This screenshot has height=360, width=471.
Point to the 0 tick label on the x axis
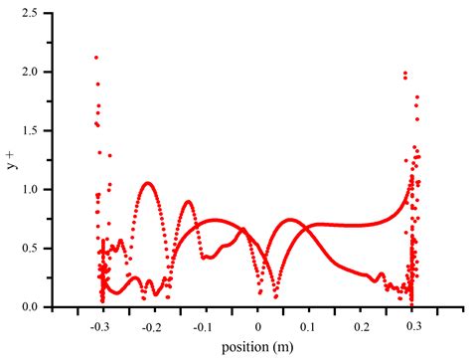(x=257, y=325)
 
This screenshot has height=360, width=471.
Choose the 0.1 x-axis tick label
(x=308, y=325)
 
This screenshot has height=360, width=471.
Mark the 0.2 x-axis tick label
(x=361, y=325)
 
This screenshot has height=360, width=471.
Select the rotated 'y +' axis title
(x=14, y=159)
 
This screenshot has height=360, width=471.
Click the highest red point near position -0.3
(x=96, y=58)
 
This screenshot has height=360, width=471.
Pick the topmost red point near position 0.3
(x=404, y=74)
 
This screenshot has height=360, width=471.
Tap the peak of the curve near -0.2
(x=148, y=183)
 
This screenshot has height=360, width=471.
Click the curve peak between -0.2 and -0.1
(x=188, y=202)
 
